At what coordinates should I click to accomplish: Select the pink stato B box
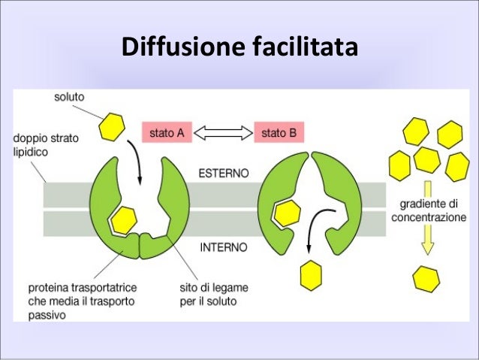point(279,133)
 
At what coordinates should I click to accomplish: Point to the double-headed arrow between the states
point(223,133)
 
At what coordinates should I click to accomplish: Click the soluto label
point(69,98)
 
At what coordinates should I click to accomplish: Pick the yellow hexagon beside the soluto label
point(113,127)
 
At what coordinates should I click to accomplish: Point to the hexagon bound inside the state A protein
point(124,219)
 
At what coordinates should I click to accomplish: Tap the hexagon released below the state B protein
point(311,275)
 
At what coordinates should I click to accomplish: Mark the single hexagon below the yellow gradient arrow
point(426,279)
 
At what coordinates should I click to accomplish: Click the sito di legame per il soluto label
point(214,295)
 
